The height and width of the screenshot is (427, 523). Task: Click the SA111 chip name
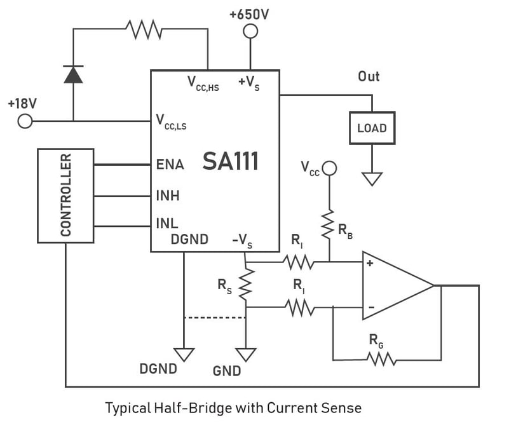tap(231, 162)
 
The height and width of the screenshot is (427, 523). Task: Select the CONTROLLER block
tap(65, 195)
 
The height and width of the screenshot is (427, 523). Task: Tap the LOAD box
tap(372, 128)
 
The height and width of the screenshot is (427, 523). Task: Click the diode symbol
tap(74, 75)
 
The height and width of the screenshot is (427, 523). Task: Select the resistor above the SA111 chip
tap(144, 29)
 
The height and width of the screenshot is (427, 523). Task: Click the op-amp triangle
tap(394, 285)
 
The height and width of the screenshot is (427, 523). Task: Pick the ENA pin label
tap(170, 165)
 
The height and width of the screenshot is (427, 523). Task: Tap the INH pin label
tap(168, 196)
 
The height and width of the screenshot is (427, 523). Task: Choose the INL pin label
tap(166, 224)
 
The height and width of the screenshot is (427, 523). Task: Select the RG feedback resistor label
tap(376, 341)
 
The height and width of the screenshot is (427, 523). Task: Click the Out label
tap(369, 77)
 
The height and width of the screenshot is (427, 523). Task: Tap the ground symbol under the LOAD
tap(372, 179)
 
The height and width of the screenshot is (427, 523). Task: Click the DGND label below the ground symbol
tap(158, 369)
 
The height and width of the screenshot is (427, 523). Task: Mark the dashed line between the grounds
tap(214, 316)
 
